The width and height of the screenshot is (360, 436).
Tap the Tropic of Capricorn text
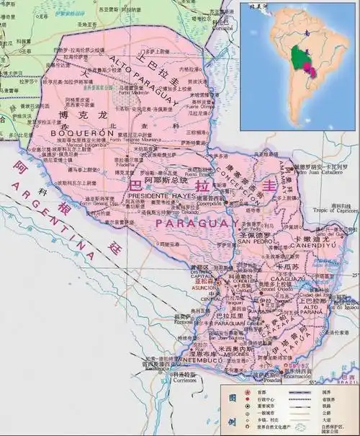pos(329,210)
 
